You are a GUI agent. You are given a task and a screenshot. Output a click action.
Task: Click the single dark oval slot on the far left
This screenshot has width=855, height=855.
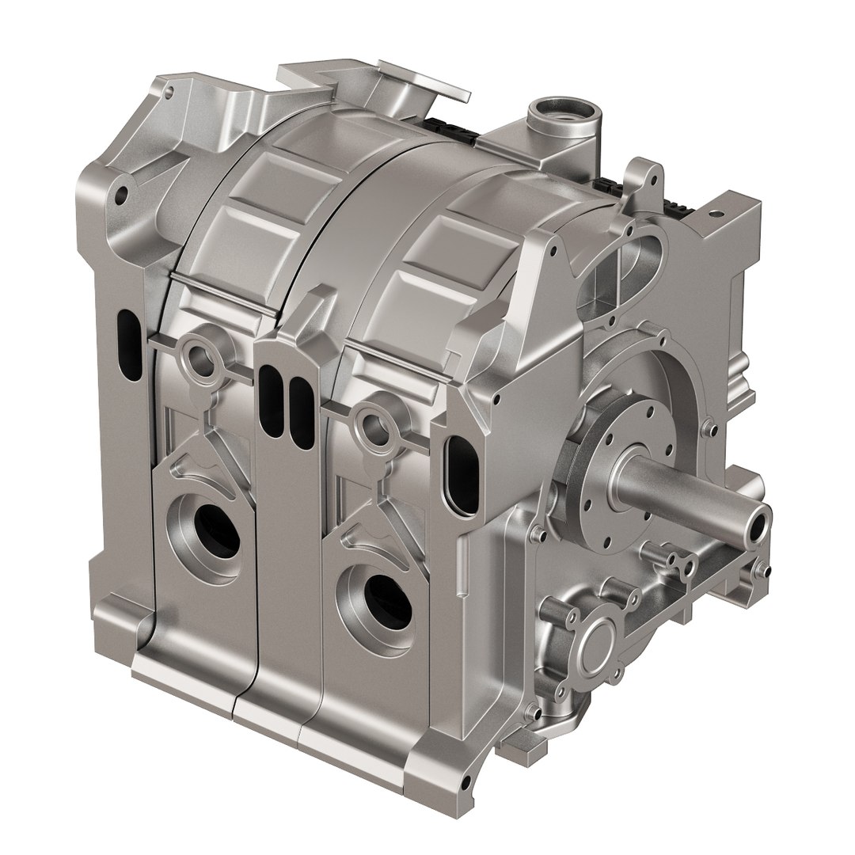coord(126,332)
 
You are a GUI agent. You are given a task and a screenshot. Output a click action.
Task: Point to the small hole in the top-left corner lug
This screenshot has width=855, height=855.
coord(167,92)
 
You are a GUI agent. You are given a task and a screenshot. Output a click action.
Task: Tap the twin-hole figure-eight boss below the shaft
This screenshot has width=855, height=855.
coord(678,559)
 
